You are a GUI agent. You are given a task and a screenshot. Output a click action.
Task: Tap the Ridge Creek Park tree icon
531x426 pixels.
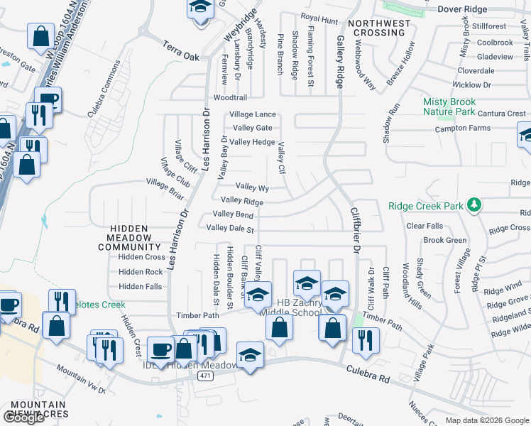(x=475, y=207)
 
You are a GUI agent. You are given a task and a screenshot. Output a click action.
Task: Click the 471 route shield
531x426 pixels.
(x=205, y=375)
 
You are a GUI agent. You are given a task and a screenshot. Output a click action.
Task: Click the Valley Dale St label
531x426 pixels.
(x=230, y=229)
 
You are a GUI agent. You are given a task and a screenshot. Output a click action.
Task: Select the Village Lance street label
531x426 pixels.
(x=252, y=114)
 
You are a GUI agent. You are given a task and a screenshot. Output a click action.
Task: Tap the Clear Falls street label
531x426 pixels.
(x=424, y=226)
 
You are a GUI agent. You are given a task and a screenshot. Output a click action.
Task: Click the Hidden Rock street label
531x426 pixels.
(x=141, y=272)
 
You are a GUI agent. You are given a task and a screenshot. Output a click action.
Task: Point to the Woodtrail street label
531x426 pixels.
(x=231, y=98)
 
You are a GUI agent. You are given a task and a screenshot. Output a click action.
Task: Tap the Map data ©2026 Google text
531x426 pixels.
(x=486, y=421)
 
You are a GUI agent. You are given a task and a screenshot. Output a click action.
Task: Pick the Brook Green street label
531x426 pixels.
(x=444, y=241)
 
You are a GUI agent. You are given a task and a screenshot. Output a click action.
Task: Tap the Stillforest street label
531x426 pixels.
(x=489, y=26)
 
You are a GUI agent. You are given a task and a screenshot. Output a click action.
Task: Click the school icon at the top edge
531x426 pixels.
(x=201, y=7)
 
